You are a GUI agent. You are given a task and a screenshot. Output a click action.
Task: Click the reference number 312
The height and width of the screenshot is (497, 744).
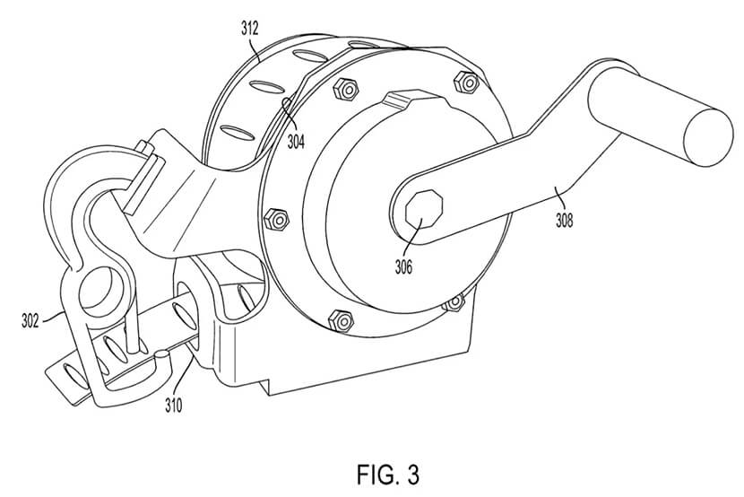tap(249, 29)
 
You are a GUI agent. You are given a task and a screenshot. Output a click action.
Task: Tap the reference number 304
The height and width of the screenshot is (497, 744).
tap(296, 142)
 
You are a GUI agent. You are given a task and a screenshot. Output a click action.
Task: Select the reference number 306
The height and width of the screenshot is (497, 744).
tap(403, 267)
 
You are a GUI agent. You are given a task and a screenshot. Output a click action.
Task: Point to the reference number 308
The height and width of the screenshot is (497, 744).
tap(564, 221)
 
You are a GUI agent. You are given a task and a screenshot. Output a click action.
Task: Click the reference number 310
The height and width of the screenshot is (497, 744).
tap(174, 405)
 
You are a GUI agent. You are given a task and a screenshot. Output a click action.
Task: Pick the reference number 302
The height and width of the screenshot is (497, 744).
tap(30, 321)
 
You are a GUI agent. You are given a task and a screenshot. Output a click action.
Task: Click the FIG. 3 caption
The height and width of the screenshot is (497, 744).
tap(388, 475)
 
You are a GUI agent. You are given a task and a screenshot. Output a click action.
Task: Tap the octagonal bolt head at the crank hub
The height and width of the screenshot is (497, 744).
tap(424, 209)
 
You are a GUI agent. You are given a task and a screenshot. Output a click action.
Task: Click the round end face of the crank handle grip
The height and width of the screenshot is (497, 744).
tap(708, 137)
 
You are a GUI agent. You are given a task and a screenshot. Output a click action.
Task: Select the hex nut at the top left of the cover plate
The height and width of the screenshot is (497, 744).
tap(346, 89)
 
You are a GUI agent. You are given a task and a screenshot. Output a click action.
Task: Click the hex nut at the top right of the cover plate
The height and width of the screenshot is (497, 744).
tap(466, 83)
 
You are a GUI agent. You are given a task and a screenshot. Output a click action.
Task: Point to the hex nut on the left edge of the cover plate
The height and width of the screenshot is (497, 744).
tap(276, 219)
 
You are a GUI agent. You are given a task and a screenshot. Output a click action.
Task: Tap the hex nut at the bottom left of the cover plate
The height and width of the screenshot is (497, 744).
tap(341, 321)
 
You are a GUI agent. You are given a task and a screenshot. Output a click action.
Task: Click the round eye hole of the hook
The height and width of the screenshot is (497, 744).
tap(101, 290)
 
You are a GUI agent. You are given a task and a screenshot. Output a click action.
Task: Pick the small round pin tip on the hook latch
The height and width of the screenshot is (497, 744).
tap(162, 353)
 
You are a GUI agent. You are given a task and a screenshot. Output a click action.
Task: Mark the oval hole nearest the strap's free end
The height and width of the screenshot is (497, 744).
tap(76, 375)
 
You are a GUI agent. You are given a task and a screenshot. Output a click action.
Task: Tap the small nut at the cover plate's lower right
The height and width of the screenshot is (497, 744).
tap(455, 302)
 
